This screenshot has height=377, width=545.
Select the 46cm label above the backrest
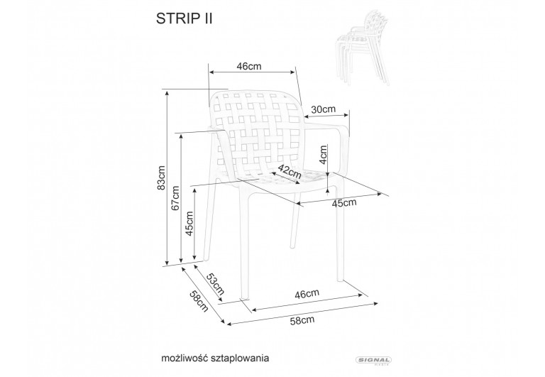click(x=249, y=66)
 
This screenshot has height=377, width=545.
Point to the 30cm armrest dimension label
click(x=323, y=109)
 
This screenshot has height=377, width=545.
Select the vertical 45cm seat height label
click(x=189, y=224)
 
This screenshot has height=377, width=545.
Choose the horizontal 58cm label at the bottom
click(x=302, y=321)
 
